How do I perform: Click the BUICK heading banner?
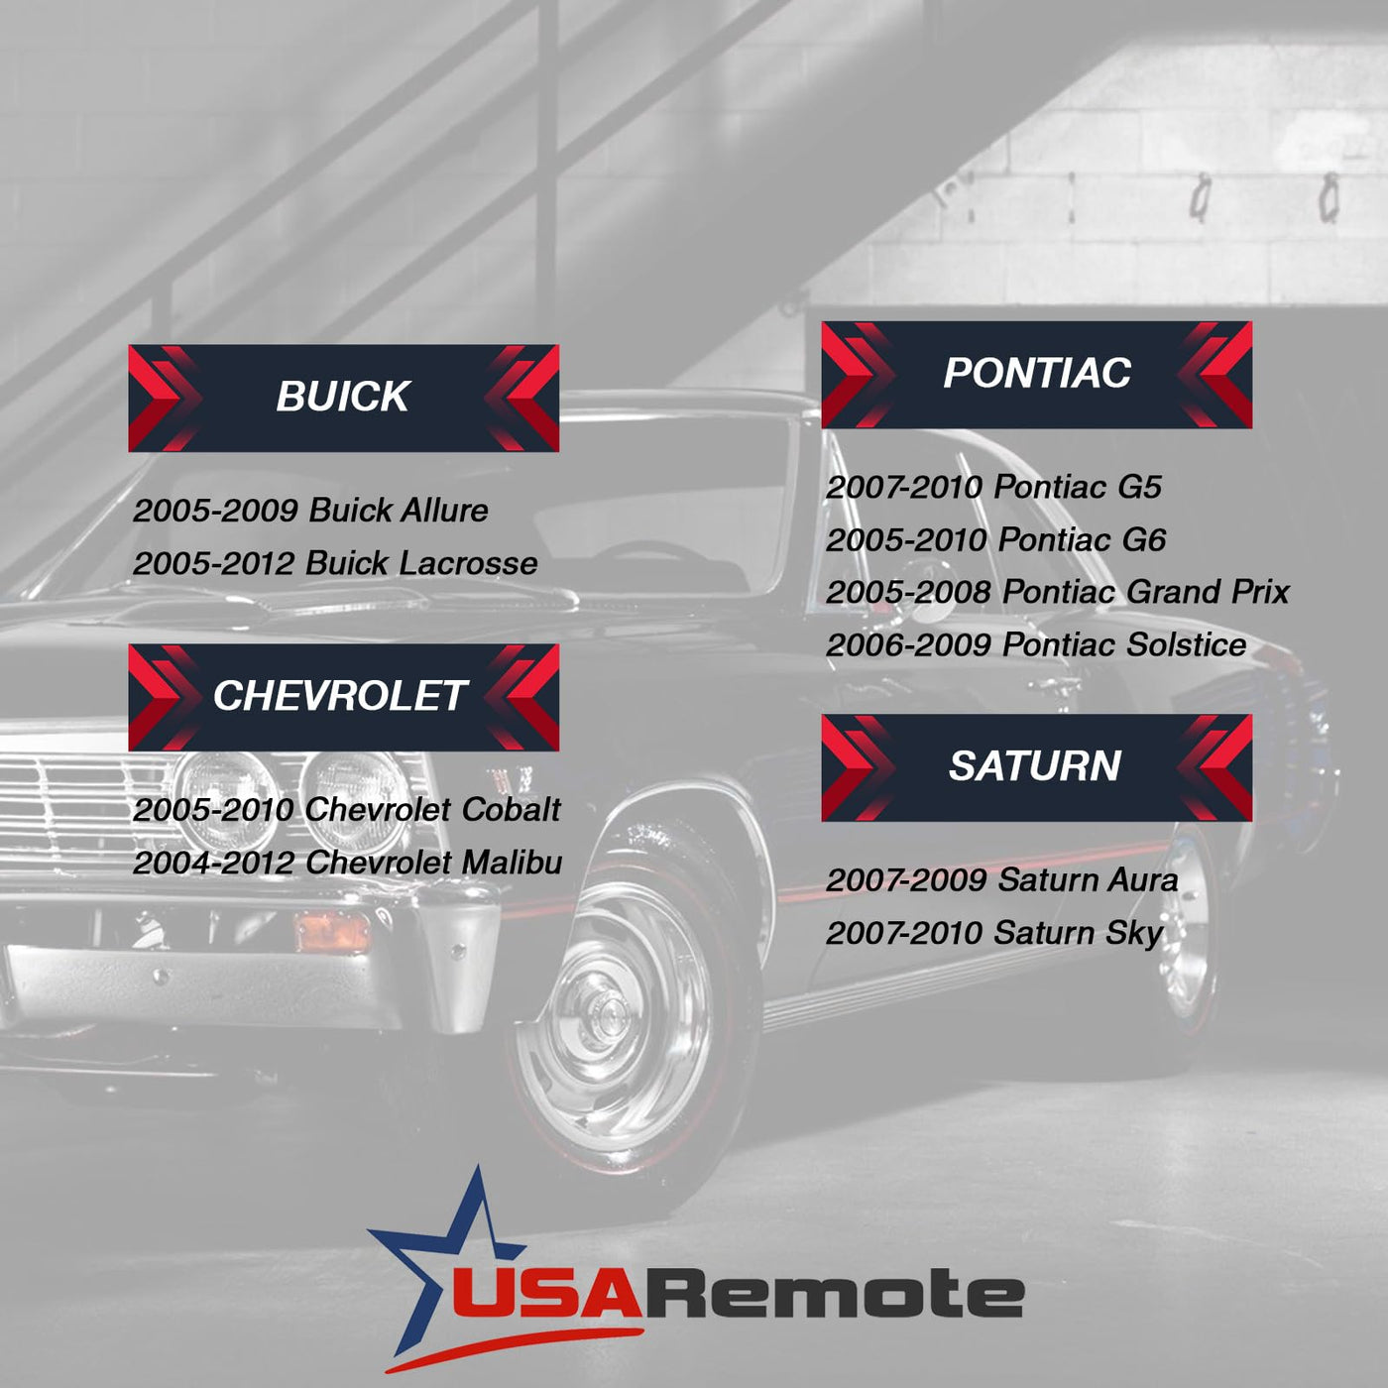(344, 398)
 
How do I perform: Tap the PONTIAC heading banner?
(1036, 375)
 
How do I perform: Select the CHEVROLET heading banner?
(344, 697)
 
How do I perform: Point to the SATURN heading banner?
(1036, 767)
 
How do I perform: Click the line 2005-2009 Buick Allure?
(310, 511)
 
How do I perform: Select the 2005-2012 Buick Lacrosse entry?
(335, 563)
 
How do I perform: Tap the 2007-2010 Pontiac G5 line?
(993, 488)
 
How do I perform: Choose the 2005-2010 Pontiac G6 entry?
(995, 540)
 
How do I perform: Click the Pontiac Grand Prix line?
(1058, 592)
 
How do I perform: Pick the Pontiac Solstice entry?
(1036, 644)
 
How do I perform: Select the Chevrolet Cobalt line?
(346, 810)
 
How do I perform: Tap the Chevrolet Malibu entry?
(347, 863)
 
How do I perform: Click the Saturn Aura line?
(1002, 880)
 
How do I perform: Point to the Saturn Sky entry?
(994, 934)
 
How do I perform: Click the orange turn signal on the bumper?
(332, 932)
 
